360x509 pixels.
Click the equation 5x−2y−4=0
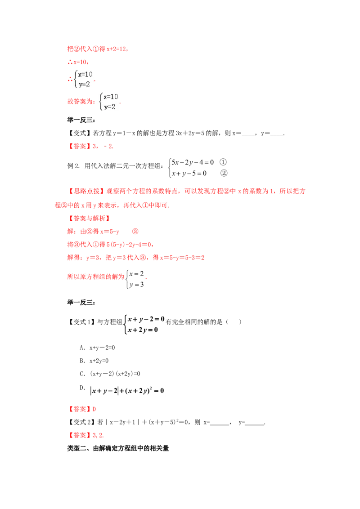pos(193,162)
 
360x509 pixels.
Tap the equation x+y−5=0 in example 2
pos(189,174)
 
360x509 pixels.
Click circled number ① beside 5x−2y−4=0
pos(223,162)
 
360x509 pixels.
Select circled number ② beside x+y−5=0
pos(224,173)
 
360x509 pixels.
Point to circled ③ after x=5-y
pos(135,232)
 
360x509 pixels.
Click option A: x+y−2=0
pos(97,348)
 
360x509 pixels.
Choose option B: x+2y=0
pos(94,361)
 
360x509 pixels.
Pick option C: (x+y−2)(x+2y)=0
pos(110,374)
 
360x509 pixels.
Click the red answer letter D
pos(94,409)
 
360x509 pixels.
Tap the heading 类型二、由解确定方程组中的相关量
pos(118,448)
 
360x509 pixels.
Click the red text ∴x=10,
pos(78,62)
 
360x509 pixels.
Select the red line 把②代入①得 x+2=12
pos(98,49)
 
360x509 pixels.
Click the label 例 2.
pos(73,166)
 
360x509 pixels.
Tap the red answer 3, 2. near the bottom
pos(98,435)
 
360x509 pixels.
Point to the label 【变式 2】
pos(81,422)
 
